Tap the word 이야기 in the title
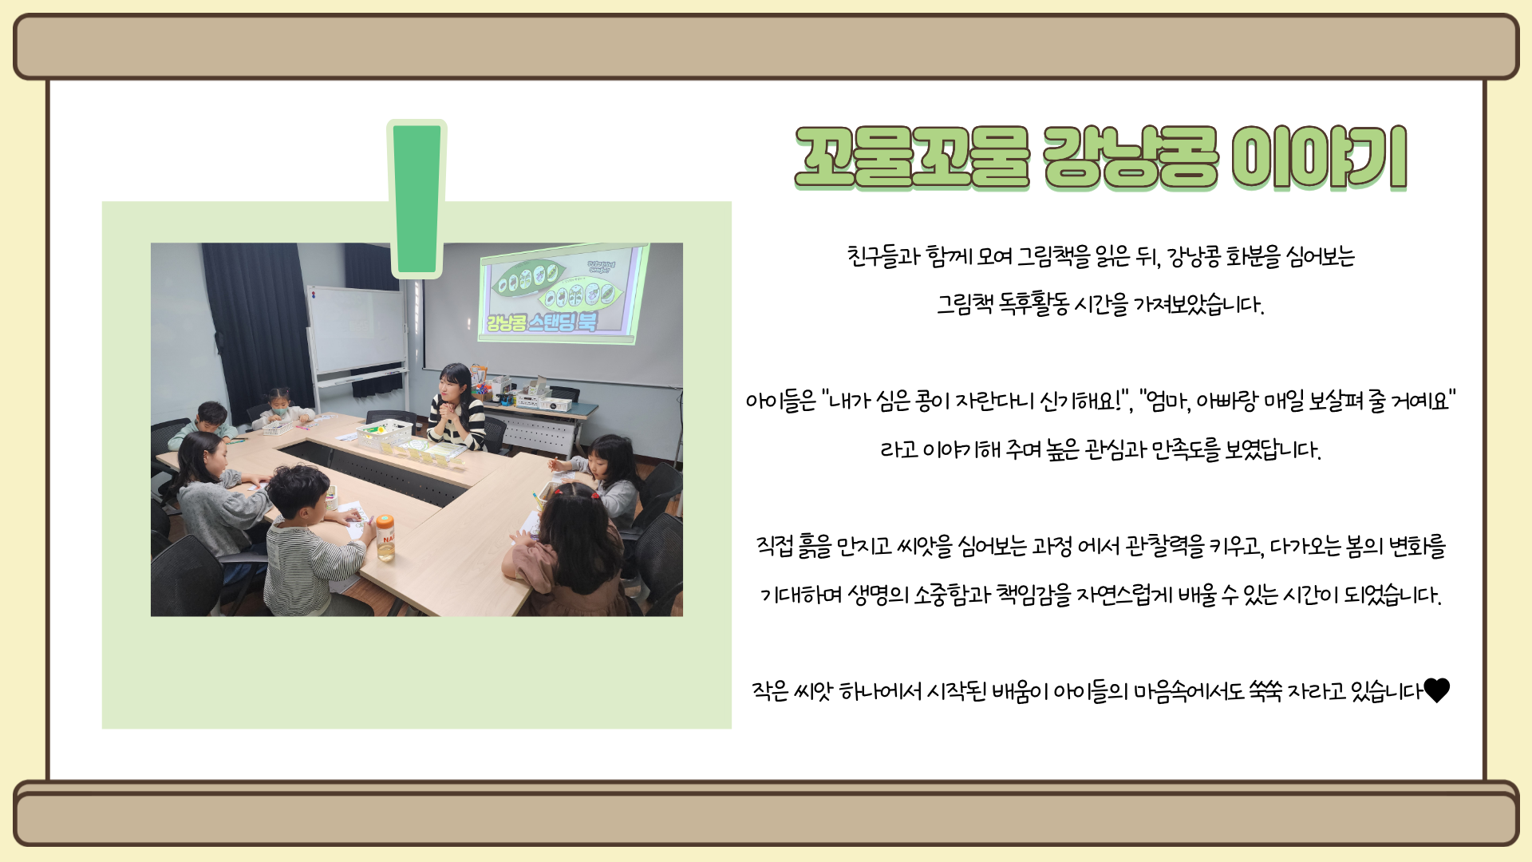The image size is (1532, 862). click(x=1319, y=158)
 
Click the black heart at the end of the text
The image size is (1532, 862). click(x=1436, y=690)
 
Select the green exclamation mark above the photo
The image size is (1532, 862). click(x=417, y=199)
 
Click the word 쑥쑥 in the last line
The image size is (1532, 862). click(x=1265, y=690)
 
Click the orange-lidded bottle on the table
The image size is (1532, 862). click(x=385, y=536)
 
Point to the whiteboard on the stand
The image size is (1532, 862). click(x=357, y=332)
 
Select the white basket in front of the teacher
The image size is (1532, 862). click(x=384, y=433)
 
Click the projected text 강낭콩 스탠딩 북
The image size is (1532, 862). click(x=542, y=322)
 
